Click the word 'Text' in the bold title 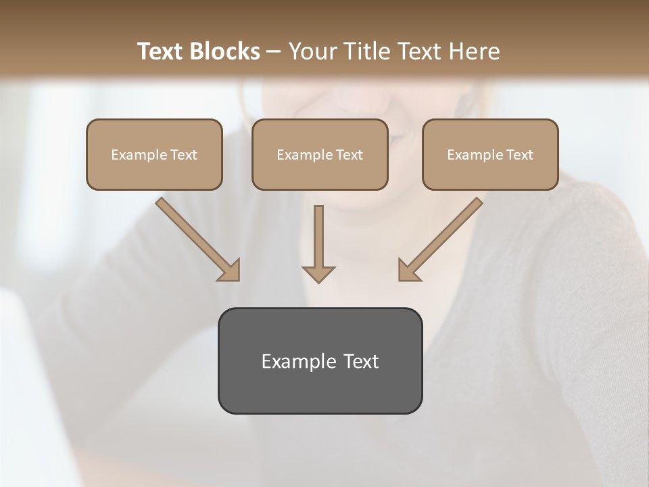[161, 51]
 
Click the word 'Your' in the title [310, 51]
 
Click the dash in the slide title [274, 51]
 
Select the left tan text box [154, 154]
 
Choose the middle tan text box [320, 154]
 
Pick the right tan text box [490, 154]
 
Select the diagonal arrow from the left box [196, 238]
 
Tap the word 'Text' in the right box [520, 155]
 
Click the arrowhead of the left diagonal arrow [230, 271]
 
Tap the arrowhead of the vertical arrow [318, 274]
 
